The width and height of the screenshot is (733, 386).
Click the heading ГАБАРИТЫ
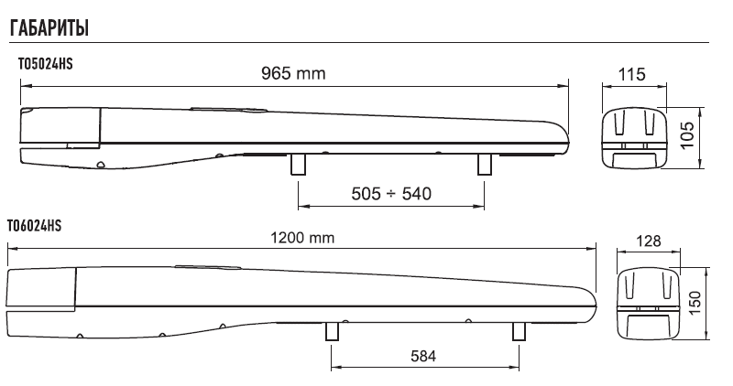pos(49,28)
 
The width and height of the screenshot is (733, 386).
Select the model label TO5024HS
pos(46,64)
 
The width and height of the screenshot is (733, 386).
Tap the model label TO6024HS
pos(34,226)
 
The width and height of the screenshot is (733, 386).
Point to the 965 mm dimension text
pos(293,73)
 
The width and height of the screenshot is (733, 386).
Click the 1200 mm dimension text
pos(302,238)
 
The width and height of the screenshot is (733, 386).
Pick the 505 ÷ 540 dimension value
pos(391,193)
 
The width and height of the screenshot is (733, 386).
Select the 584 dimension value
pos(423,356)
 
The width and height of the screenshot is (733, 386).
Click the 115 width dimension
pos(632,74)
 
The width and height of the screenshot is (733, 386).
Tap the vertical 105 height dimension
pos(686,135)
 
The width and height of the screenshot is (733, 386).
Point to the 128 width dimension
pos(649,241)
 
